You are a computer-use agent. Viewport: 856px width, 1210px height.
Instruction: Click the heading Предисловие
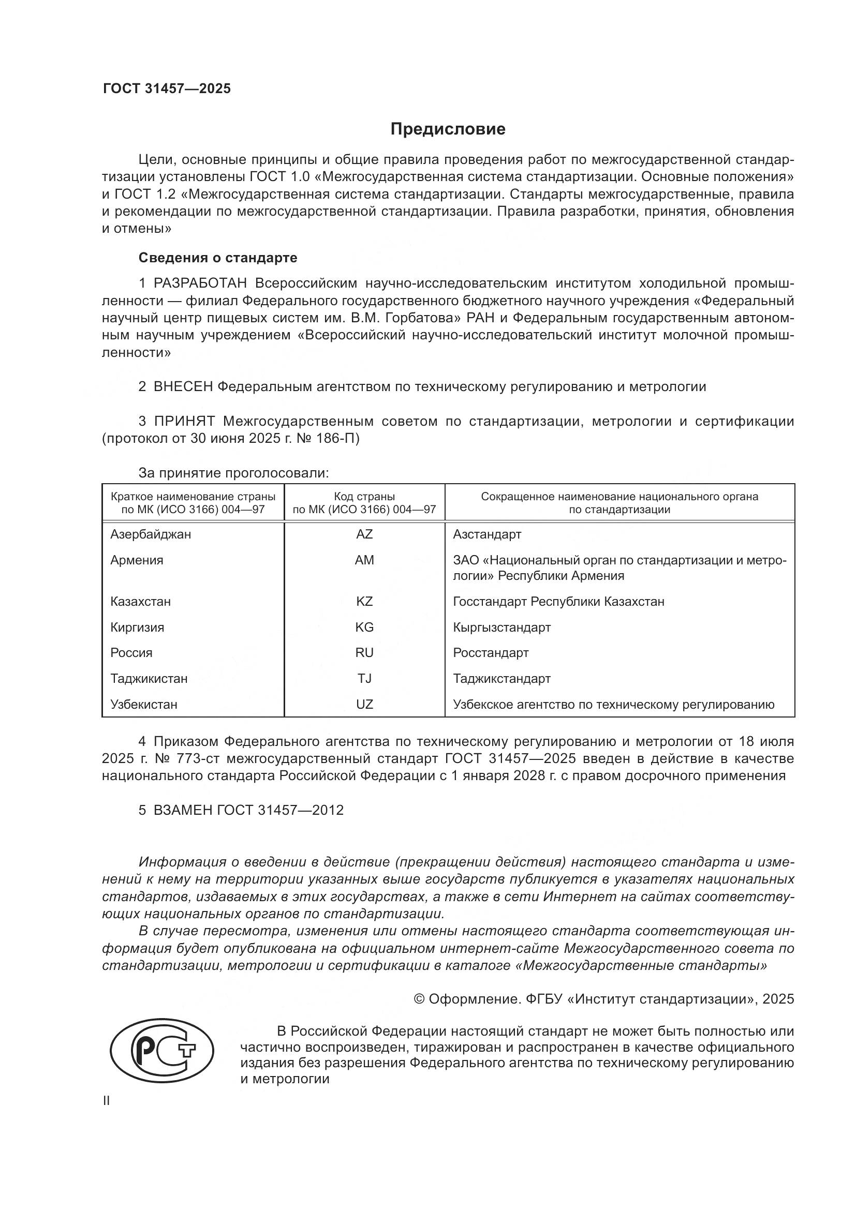click(x=448, y=129)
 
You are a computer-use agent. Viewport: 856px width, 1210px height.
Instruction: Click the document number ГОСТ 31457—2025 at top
click(x=167, y=88)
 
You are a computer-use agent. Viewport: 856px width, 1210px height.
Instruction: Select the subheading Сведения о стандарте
click(x=218, y=258)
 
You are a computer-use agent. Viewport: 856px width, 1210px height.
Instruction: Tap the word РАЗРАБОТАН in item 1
click(x=200, y=283)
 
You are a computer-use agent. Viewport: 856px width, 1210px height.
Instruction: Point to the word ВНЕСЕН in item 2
click(x=183, y=386)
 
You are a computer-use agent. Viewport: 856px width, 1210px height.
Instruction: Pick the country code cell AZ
click(x=364, y=534)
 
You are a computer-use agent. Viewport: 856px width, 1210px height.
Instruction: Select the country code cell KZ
click(x=364, y=601)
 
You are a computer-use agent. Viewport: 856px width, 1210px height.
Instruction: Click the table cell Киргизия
click(x=137, y=627)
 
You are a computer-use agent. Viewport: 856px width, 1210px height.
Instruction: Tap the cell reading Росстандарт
click(x=491, y=652)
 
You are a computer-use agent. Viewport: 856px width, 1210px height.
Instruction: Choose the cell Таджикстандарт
click(x=502, y=678)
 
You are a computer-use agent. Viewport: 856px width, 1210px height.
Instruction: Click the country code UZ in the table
click(x=364, y=704)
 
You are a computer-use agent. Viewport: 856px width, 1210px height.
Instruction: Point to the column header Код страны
click(x=364, y=497)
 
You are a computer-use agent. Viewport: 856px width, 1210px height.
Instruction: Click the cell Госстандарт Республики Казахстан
click(x=559, y=601)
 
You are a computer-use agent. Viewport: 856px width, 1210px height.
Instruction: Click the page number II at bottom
click(x=107, y=1101)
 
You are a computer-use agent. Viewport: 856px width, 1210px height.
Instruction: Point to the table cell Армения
click(x=137, y=560)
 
